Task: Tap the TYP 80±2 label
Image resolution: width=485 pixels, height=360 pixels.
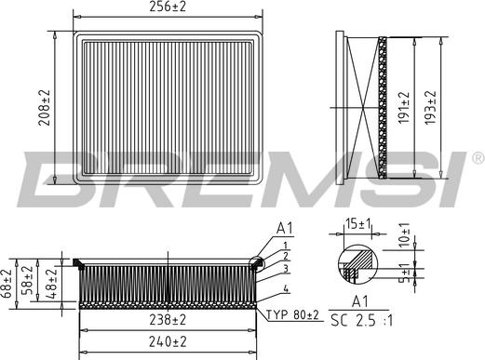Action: (291, 316)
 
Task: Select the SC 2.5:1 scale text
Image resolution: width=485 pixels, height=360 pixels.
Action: (361, 321)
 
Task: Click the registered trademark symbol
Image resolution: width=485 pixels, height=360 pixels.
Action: (477, 156)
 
